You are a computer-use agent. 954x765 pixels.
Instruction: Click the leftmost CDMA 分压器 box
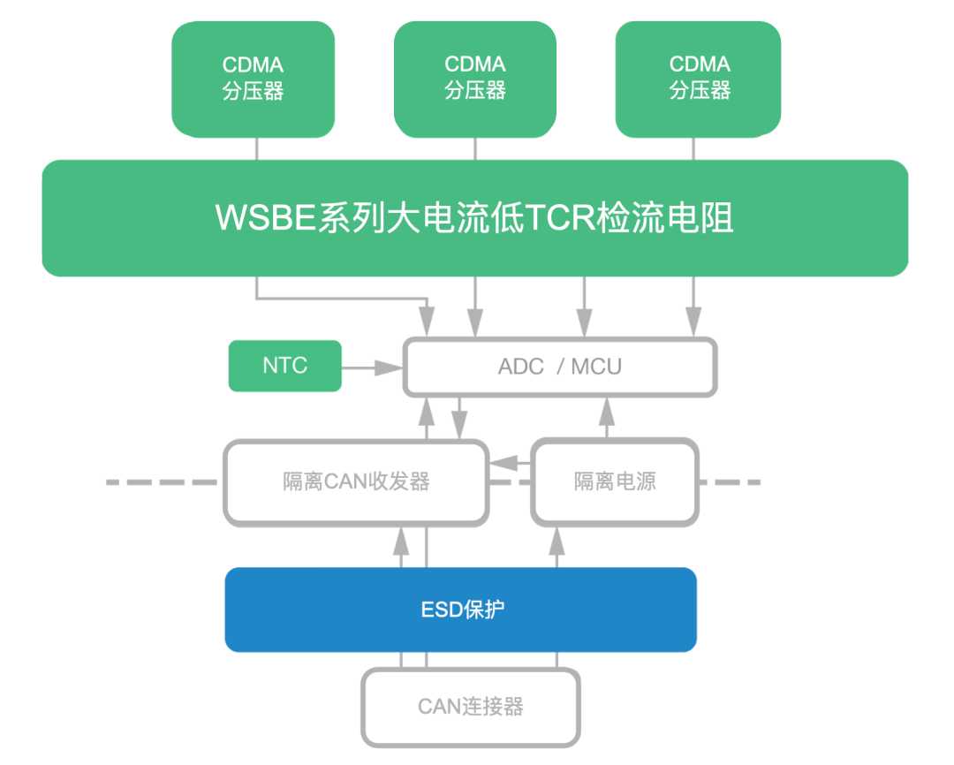pos(253,80)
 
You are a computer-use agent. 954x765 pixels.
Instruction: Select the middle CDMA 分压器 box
pos(475,78)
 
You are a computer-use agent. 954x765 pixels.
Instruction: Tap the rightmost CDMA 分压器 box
pos(699,78)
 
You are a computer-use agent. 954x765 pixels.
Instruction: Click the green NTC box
pos(284,366)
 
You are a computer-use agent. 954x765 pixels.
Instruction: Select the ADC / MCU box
pos(560,367)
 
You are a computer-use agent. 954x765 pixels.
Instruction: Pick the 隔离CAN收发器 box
pos(356,482)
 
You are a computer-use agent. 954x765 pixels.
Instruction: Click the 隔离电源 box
pos(615,482)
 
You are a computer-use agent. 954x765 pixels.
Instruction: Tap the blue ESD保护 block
pos(461,610)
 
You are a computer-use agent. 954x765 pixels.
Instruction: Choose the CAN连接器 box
pos(471,707)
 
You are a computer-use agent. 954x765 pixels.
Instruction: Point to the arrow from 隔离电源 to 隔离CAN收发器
pos(511,462)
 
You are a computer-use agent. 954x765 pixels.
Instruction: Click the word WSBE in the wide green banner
pos(266,217)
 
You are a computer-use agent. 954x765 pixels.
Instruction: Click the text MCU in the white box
pos(596,367)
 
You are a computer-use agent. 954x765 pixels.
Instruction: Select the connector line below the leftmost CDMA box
pos(257,148)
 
